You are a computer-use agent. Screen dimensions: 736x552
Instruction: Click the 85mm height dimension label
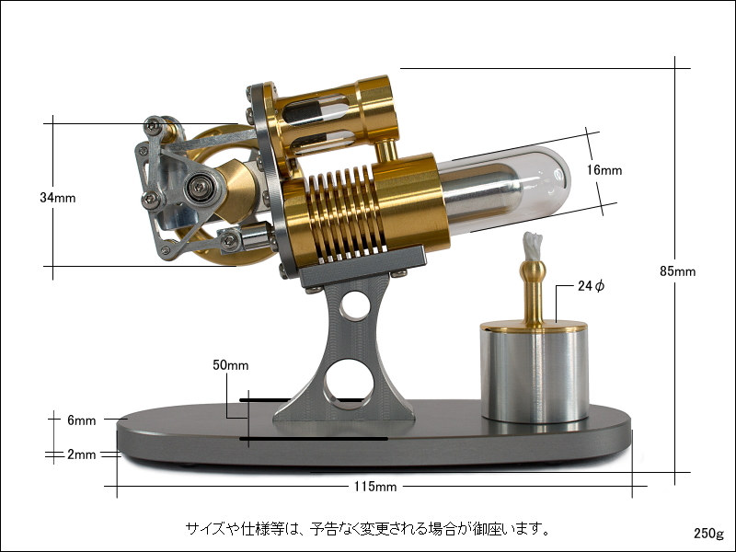(677, 271)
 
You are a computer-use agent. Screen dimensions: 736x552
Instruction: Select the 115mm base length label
(375, 487)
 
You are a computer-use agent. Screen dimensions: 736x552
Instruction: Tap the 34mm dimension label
(58, 198)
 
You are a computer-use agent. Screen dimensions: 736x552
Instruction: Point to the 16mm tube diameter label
(604, 170)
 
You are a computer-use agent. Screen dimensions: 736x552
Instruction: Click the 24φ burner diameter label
(591, 286)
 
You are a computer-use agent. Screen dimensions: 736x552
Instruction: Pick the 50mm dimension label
(231, 365)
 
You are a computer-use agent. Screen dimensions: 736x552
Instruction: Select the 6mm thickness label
(82, 420)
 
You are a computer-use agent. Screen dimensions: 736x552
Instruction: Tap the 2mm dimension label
(82, 454)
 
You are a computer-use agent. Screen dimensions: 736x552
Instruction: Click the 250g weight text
(709, 534)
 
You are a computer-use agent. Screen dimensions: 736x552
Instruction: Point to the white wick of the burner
(533, 247)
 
